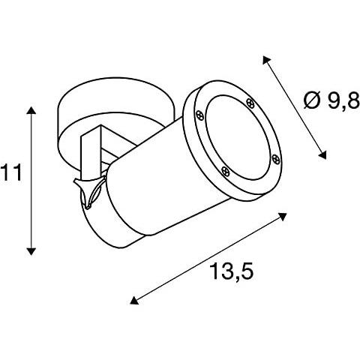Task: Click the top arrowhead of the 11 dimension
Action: (31, 111)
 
